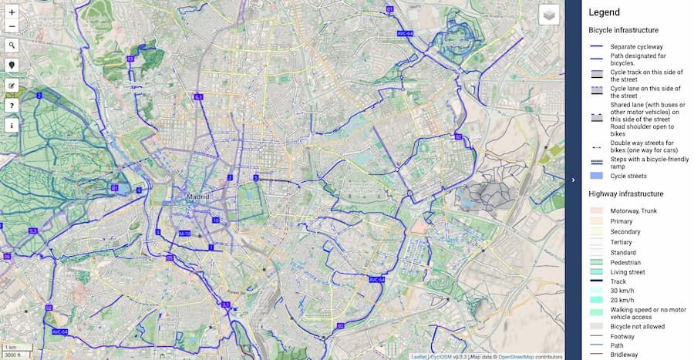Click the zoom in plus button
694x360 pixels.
point(12,12)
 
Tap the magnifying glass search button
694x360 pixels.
point(12,45)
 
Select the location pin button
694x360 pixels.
point(12,66)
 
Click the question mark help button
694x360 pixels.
point(12,105)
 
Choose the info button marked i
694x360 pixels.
point(12,124)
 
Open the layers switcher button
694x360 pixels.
point(548,15)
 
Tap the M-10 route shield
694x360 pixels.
point(185,233)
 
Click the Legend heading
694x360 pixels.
point(604,12)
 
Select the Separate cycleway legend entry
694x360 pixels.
point(636,47)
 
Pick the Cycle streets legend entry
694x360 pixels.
point(628,176)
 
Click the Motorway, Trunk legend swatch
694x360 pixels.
point(598,210)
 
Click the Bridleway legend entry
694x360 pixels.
point(623,355)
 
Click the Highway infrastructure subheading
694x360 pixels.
point(625,193)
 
